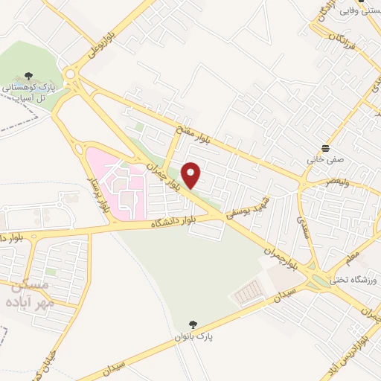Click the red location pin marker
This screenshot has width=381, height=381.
click(192, 175)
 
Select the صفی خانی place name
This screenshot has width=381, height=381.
click(324, 159)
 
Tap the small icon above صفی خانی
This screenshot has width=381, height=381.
click(324, 147)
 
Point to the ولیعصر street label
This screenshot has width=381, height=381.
click(339, 182)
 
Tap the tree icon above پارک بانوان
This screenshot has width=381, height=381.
click(194, 324)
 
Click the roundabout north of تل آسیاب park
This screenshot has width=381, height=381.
click(71, 74)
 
